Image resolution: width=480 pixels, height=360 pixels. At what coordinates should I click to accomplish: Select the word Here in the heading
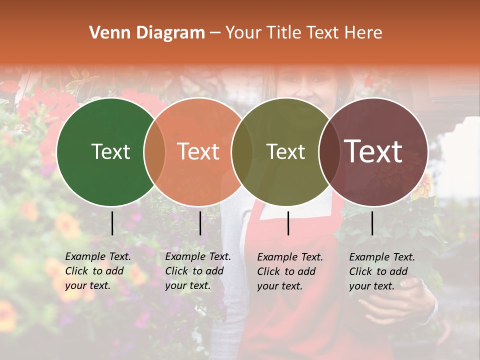[363, 33]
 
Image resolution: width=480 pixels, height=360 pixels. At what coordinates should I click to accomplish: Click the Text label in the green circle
[110, 151]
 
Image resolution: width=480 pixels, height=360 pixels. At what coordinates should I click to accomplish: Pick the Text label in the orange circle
[198, 151]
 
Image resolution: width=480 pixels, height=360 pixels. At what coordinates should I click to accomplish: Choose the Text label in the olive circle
[285, 151]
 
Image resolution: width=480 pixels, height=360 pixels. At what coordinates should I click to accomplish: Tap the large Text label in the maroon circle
[373, 151]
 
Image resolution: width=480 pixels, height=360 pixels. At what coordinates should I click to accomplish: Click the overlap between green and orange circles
[154, 152]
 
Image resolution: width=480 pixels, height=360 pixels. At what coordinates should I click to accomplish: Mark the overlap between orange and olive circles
[242, 152]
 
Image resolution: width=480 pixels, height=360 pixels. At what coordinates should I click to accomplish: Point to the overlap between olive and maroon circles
[329, 152]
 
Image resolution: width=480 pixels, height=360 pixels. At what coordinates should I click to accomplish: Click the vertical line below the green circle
[112, 223]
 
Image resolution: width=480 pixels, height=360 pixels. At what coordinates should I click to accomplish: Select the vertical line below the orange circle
[200, 223]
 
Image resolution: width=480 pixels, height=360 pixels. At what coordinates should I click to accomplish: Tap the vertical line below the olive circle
[288, 223]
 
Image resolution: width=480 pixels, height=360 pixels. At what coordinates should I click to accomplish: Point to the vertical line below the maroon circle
[372, 223]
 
